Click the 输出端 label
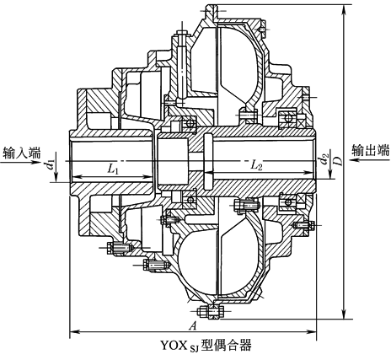370,150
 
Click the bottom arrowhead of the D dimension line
343,311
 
